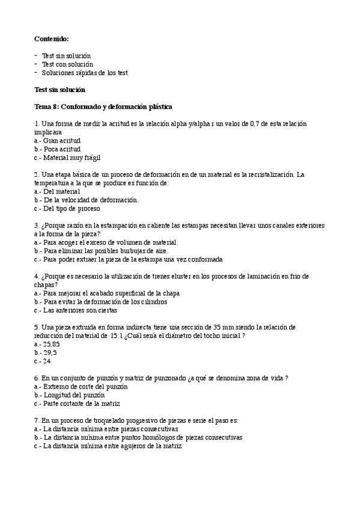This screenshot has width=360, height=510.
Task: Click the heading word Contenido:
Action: coord(52,38)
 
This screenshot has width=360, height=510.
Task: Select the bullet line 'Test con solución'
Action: coord(67,64)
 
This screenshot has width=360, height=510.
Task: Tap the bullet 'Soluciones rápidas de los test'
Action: coord(84,72)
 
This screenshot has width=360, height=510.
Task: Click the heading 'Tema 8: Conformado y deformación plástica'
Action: coord(103,106)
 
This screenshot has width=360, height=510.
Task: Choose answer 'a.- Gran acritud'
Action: coord(58,140)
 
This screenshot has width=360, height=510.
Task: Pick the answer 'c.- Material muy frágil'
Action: coord(67,157)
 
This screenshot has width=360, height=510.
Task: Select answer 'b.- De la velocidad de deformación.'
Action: coord(87,200)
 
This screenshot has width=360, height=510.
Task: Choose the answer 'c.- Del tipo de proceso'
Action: coord(67,208)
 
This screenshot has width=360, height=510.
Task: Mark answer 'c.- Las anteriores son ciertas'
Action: coord(76,310)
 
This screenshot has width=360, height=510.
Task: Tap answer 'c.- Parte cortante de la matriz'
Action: coord(78,404)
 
